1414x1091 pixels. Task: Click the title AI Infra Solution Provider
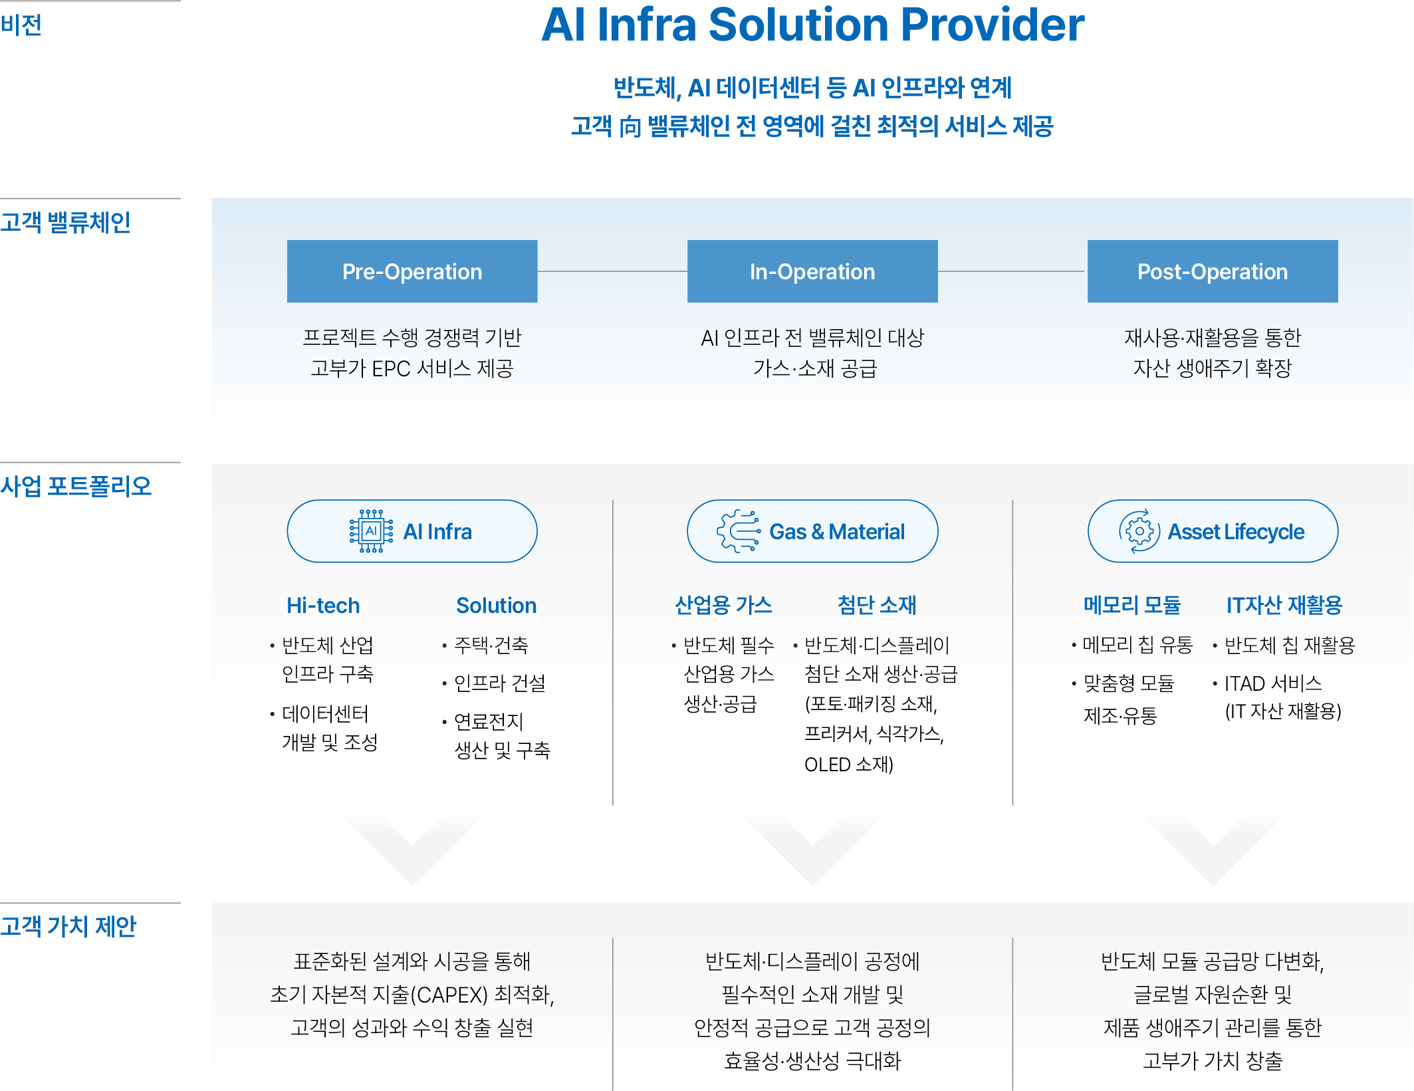click(812, 25)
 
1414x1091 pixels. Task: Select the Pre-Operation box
click(412, 271)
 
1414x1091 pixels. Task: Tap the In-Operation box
click(812, 271)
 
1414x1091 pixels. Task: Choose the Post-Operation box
click(1213, 271)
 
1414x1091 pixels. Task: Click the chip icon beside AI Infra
click(371, 531)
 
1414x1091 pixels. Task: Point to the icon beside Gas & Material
click(739, 531)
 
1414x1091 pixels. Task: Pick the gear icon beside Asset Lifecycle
click(1139, 531)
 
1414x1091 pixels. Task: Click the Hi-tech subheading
click(323, 605)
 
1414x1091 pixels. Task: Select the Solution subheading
click(496, 605)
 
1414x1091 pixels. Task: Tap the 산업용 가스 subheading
click(723, 605)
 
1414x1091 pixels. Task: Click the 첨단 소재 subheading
click(877, 605)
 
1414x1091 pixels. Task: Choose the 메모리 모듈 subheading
click(1132, 605)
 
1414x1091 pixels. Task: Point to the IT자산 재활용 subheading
click(1284, 605)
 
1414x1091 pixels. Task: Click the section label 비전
click(21, 25)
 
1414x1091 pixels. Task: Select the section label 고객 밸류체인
click(65, 222)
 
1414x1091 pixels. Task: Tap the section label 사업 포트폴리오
click(76, 486)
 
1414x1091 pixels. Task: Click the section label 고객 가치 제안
click(68, 926)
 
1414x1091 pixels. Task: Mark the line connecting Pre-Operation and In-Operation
click(612, 271)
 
